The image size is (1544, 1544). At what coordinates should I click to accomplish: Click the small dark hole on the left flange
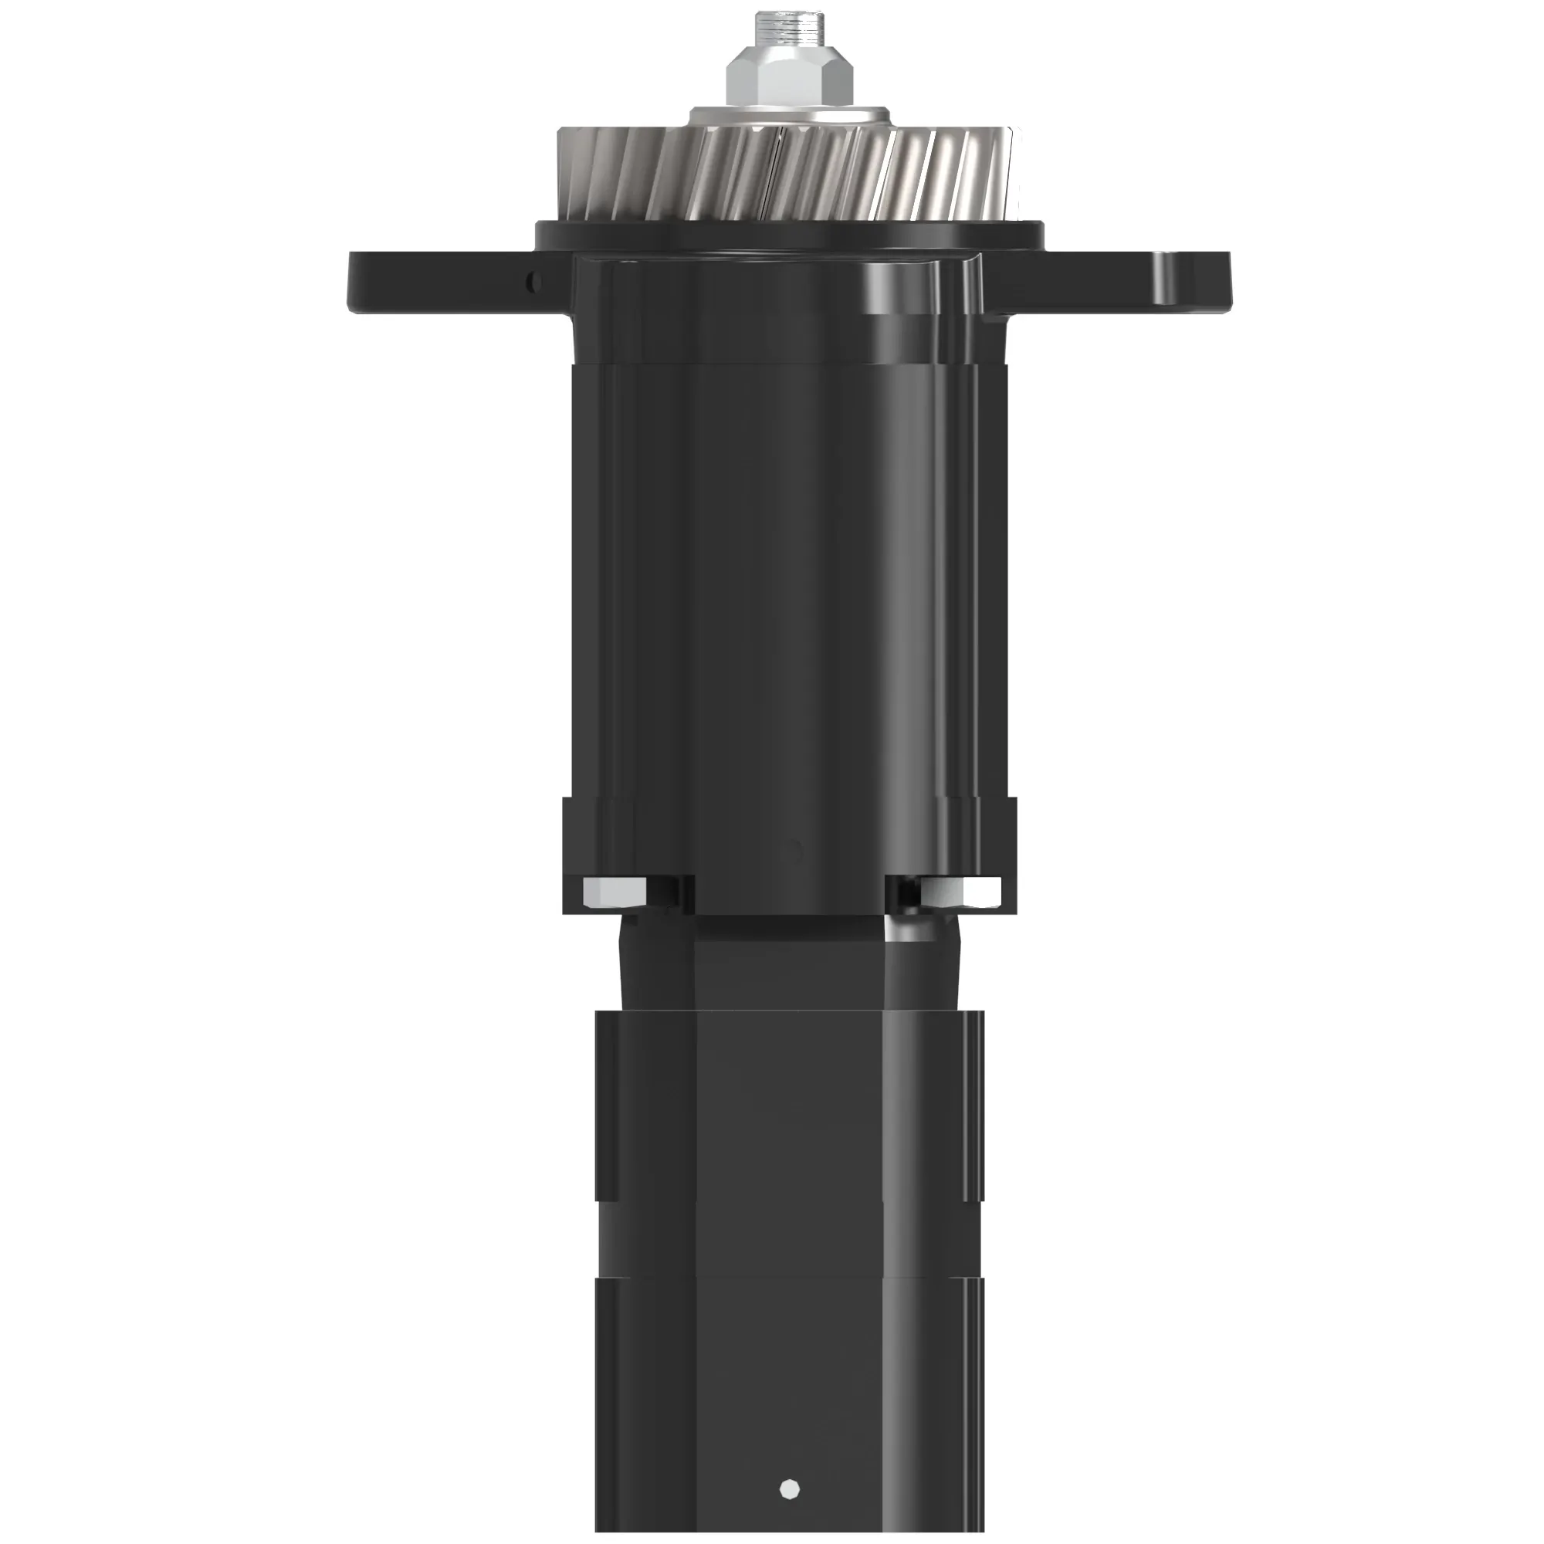click(536, 281)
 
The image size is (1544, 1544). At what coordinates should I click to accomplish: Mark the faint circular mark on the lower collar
click(794, 850)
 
